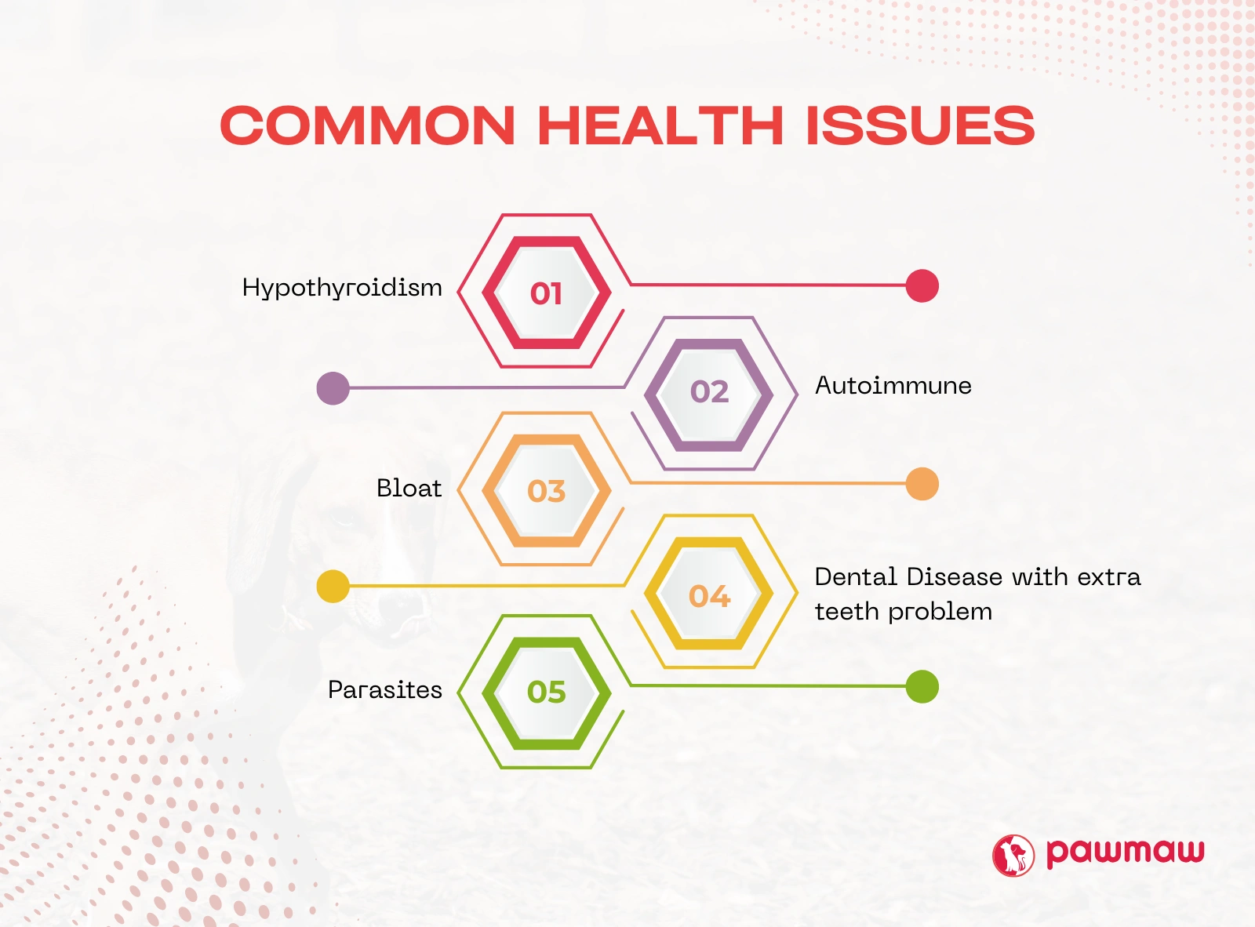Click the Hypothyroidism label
(x=342, y=289)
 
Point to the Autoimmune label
(x=893, y=386)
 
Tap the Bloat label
(x=409, y=488)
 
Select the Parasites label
(x=385, y=690)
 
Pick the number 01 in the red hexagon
(x=546, y=294)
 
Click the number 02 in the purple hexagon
(x=710, y=391)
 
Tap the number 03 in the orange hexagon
(x=546, y=491)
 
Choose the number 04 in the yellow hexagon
(x=710, y=596)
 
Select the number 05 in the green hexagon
(x=546, y=693)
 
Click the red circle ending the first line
(x=922, y=285)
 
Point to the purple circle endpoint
(x=333, y=388)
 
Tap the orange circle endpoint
(x=922, y=484)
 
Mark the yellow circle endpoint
(x=333, y=587)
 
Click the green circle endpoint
(x=922, y=686)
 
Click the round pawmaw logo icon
(x=1013, y=855)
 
